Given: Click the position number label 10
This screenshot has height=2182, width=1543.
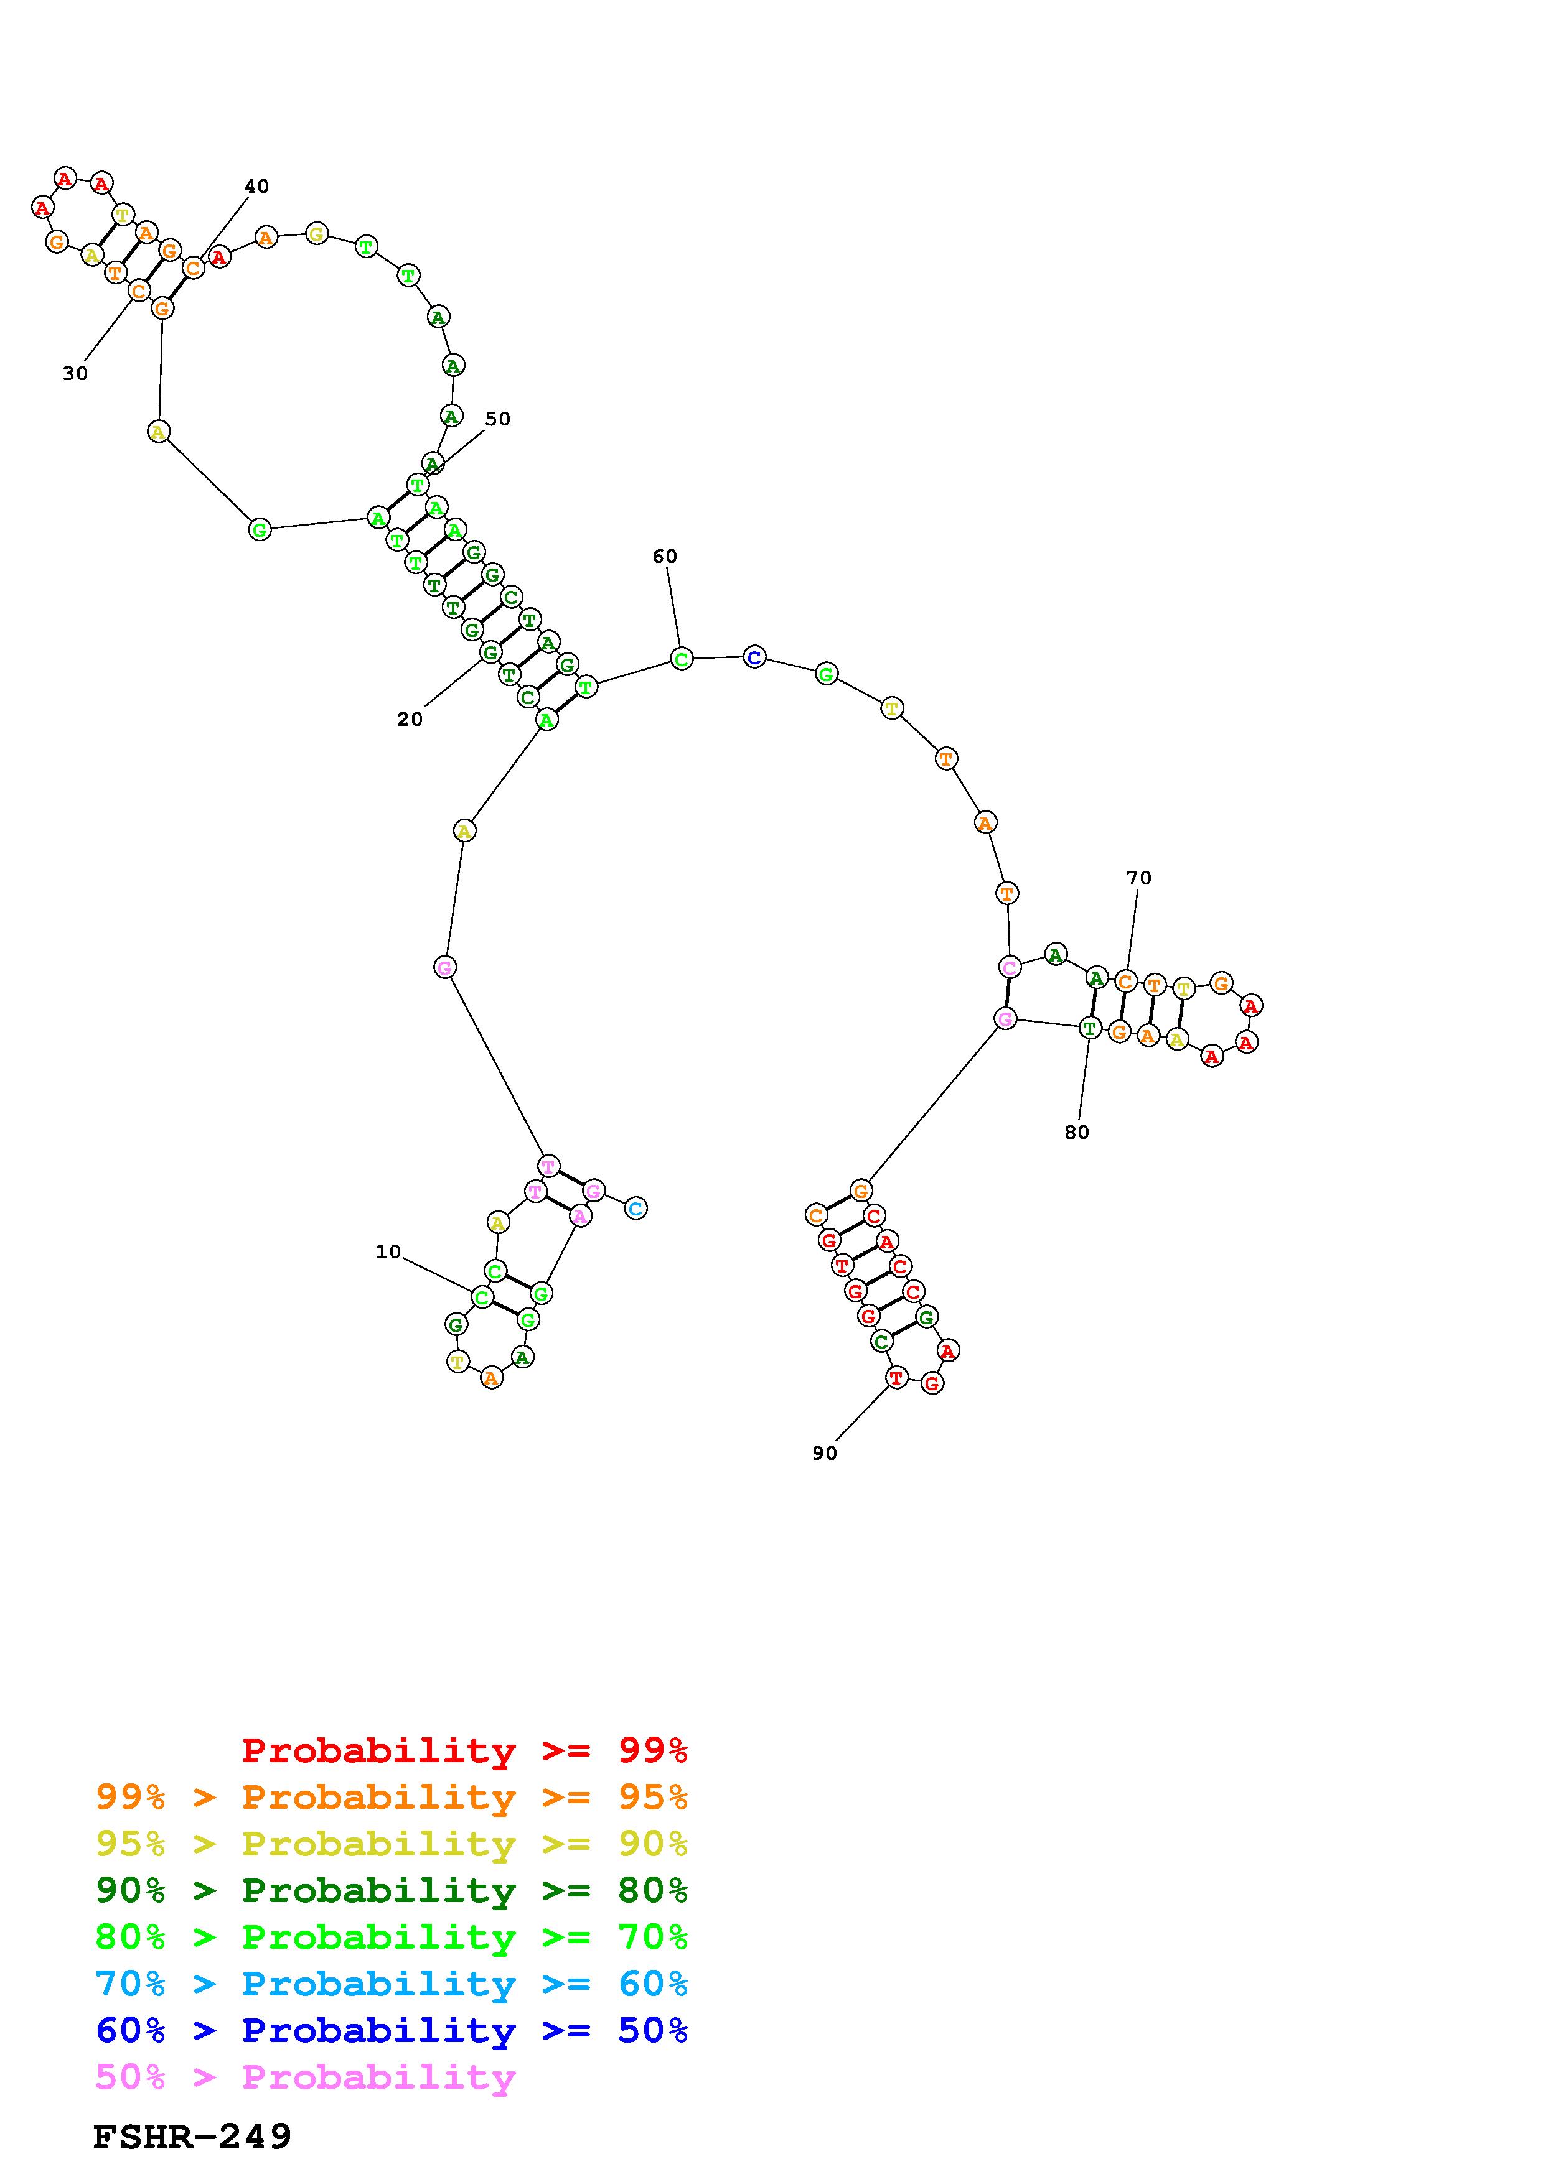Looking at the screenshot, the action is tap(388, 1251).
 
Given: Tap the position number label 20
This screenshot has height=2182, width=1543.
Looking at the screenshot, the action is tap(410, 720).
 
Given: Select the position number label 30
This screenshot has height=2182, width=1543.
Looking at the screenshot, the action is tap(75, 373).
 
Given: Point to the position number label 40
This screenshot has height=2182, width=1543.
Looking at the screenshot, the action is tap(256, 186).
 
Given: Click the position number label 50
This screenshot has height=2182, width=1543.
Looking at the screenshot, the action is tap(497, 419).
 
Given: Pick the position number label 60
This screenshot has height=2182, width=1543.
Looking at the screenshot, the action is tap(665, 556).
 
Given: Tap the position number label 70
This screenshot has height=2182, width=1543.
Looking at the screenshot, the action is tap(1139, 878).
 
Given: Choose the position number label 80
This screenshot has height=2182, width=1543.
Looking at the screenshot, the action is tap(1077, 1132).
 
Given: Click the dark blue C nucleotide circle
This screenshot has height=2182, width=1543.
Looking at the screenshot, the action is tap(754, 657).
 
